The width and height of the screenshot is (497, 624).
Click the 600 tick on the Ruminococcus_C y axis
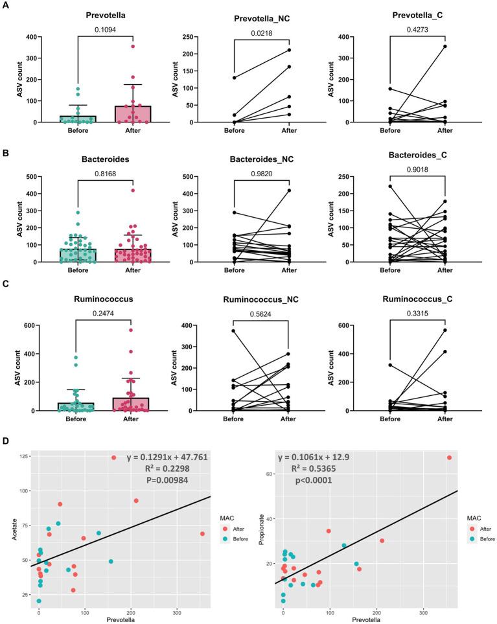(x=362, y=325)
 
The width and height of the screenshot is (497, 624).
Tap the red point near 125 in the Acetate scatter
(x=114, y=457)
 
